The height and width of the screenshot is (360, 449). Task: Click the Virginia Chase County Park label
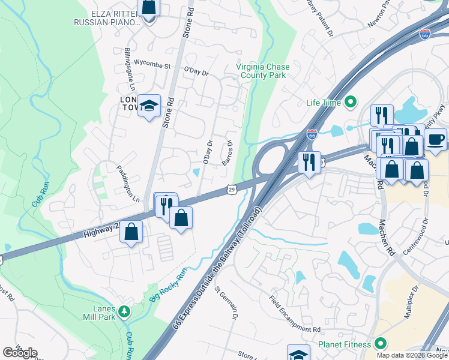[x=262, y=71]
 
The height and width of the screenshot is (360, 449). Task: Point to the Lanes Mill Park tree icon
[x=124, y=311]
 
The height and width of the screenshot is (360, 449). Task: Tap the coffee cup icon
[x=436, y=140]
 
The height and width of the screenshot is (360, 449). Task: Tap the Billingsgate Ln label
[x=127, y=67]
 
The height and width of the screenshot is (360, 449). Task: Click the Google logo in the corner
[x=20, y=353]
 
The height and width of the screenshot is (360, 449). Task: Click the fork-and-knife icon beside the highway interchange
[x=309, y=162]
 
